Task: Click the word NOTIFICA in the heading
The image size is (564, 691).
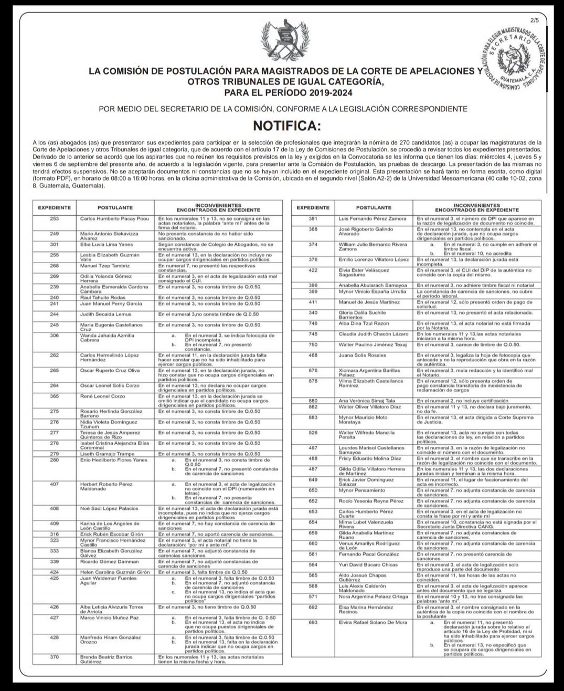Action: tap(285, 126)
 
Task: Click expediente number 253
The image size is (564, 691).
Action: tap(54, 218)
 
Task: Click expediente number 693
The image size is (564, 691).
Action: tap(313, 622)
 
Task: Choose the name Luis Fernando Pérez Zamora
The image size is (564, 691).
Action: tap(373, 218)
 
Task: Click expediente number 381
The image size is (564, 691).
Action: tap(313, 218)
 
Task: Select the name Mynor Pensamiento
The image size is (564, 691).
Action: tap(362, 490)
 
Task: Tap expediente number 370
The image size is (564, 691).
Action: tap(54, 657)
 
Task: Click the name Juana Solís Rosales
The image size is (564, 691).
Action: tap(363, 355)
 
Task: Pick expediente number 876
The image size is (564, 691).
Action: tap(313, 370)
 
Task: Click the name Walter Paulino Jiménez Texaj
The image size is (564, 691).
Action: tap(373, 344)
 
